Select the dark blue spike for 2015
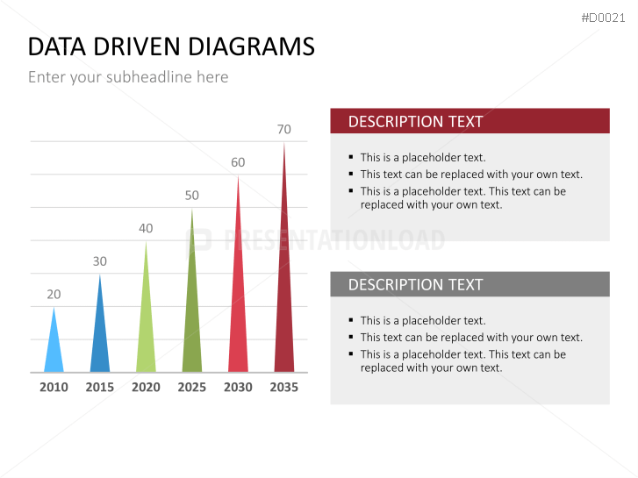tap(100, 333)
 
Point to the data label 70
tap(284, 129)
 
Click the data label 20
tap(54, 294)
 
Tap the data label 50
tap(191, 196)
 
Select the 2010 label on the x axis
tap(54, 387)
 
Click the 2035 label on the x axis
tap(284, 387)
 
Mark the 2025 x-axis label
tap(191, 387)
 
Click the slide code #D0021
tap(603, 18)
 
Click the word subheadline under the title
tap(149, 77)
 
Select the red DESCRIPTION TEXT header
tap(470, 121)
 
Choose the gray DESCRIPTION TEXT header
tap(470, 284)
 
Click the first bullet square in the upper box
tap(351, 157)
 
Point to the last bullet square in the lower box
tap(351, 354)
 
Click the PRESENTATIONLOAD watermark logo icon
tap(198, 241)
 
